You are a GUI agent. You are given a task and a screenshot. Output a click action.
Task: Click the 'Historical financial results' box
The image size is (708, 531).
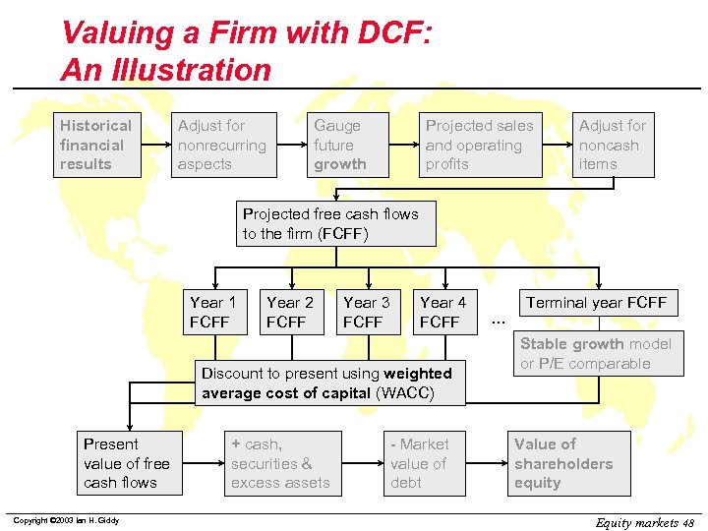pyautogui.click(x=97, y=146)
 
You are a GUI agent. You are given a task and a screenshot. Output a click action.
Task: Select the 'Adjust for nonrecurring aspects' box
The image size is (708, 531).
pyautogui.click(x=223, y=146)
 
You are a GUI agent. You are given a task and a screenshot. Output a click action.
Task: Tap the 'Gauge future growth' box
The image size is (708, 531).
pyautogui.click(x=348, y=146)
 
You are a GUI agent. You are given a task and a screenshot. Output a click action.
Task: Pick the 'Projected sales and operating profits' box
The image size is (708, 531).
pyautogui.click(x=480, y=146)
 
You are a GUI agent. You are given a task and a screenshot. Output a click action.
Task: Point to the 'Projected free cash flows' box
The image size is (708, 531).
pyautogui.click(x=334, y=224)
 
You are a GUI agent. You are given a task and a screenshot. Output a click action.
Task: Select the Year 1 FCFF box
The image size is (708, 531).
pyautogui.click(x=213, y=313)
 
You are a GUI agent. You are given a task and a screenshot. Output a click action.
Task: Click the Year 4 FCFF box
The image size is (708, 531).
pyautogui.click(x=443, y=313)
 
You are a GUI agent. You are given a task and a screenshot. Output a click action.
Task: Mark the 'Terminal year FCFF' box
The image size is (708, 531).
pyautogui.click(x=597, y=303)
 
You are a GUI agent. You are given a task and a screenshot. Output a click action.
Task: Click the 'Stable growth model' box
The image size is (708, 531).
pyautogui.click(x=596, y=354)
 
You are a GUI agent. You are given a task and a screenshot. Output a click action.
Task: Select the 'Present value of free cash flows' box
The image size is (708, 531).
pyautogui.click(x=127, y=463)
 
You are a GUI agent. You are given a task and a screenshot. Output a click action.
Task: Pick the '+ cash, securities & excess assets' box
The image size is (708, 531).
pyautogui.click(x=282, y=463)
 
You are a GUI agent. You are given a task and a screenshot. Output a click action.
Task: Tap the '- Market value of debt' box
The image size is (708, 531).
pyautogui.click(x=421, y=463)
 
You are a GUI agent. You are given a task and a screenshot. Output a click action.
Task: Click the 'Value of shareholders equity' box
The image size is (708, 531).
pyautogui.click(x=567, y=463)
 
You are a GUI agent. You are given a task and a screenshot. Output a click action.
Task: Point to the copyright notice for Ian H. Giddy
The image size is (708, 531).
pyautogui.click(x=66, y=520)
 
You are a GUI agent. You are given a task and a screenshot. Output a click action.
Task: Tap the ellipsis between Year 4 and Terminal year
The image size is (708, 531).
pyautogui.click(x=498, y=321)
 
